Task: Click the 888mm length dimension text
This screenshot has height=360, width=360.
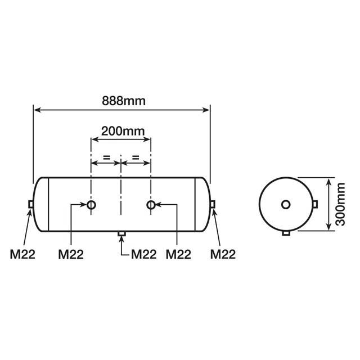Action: click(x=123, y=101)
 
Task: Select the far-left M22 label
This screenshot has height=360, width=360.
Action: click(x=22, y=254)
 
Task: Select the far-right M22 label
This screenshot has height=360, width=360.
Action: click(x=223, y=254)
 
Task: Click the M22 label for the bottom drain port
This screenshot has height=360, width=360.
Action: click(x=143, y=254)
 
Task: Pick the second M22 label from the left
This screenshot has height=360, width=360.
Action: click(x=71, y=254)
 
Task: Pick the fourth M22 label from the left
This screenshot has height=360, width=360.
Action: click(x=179, y=254)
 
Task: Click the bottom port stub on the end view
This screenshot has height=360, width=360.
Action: click(x=286, y=233)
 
